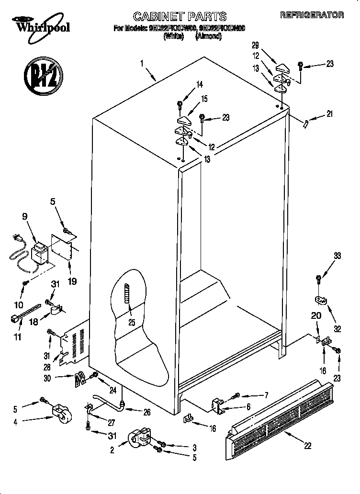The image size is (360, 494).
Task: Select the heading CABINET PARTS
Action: pyautogui.click(x=179, y=16)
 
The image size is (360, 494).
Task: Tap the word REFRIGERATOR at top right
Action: pyautogui.click(x=312, y=15)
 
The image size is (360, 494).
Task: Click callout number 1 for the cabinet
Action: pyautogui.click(x=142, y=63)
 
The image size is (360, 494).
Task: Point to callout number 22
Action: pyautogui.click(x=307, y=446)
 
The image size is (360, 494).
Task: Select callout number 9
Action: pyautogui.click(x=25, y=216)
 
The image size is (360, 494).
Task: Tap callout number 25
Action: pyautogui.click(x=131, y=323)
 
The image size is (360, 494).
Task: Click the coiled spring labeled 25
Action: pyautogui.click(x=127, y=299)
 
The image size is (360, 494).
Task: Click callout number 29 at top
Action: pyautogui.click(x=255, y=45)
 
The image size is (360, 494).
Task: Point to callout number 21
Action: pyautogui.click(x=329, y=113)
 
